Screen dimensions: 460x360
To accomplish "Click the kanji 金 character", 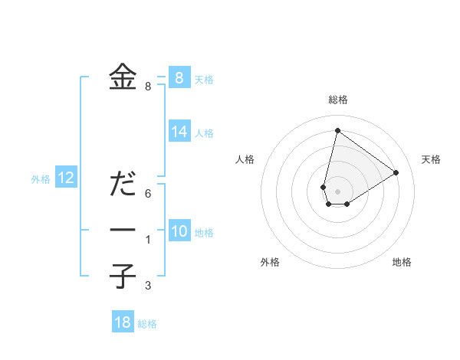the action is tap(123, 77).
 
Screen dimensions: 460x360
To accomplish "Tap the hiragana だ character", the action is tap(123, 185).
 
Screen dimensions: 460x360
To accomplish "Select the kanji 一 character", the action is tap(123, 231).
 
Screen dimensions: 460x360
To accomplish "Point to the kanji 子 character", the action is tap(123, 276).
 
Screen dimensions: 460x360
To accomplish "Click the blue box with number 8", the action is tap(179, 77).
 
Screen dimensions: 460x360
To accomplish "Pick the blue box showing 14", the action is tap(179, 132).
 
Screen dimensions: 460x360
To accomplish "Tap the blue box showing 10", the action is tap(179, 231).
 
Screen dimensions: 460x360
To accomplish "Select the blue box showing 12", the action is tap(65, 178).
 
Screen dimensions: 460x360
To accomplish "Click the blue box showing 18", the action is tap(123, 322).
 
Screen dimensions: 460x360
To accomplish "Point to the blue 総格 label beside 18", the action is tap(147, 324).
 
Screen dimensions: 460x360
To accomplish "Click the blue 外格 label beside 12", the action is tap(41, 179).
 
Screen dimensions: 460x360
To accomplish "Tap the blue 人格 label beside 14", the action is tap(204, 133).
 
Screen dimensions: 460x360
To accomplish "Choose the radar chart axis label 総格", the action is tap(337, 100).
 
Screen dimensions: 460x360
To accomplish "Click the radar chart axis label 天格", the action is tap(431, 159).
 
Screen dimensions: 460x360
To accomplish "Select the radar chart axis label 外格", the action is tap(270, 262).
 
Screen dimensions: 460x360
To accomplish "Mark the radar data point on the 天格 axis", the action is tap(396, 172).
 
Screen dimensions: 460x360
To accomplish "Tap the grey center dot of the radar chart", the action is tap(337, 191).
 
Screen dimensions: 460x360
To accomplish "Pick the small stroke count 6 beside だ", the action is tap(148, 193).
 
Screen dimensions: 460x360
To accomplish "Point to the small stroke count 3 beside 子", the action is tap(148, 286).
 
